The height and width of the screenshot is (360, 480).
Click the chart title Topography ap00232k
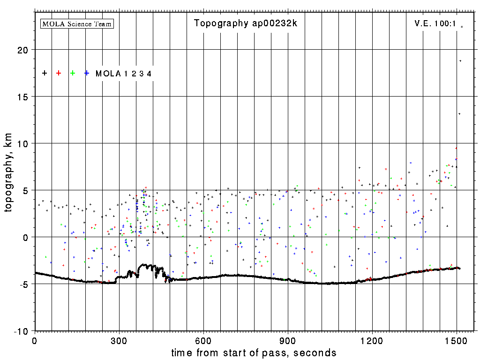246,23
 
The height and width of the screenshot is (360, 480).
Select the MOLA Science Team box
77,23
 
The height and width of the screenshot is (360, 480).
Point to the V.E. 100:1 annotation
435,23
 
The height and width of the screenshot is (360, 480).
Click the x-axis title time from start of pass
254,352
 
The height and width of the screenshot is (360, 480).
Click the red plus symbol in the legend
59,73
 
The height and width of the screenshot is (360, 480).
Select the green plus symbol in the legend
73,73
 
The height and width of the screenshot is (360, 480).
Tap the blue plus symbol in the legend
87,73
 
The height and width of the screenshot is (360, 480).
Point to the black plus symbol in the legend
45,73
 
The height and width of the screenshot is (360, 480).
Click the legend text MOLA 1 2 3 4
123,74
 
